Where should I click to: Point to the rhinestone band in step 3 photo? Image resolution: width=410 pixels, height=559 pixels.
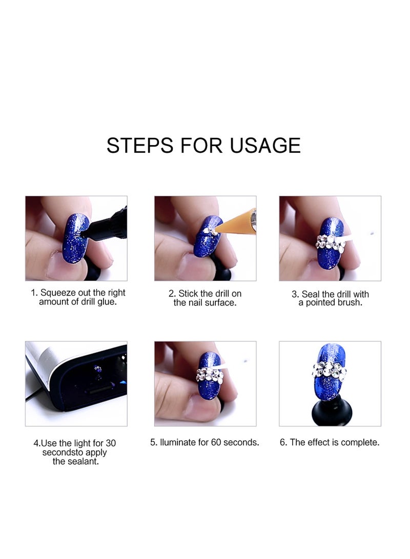(x=330, y=241)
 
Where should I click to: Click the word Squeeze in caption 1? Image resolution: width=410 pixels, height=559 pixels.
(x=58, y=293)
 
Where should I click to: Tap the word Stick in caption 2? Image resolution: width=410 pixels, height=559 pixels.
(x=188, y=294)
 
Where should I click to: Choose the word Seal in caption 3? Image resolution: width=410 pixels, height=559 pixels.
(x=311, y=294)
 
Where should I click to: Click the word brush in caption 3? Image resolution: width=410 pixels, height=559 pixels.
(x=350, y=303)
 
